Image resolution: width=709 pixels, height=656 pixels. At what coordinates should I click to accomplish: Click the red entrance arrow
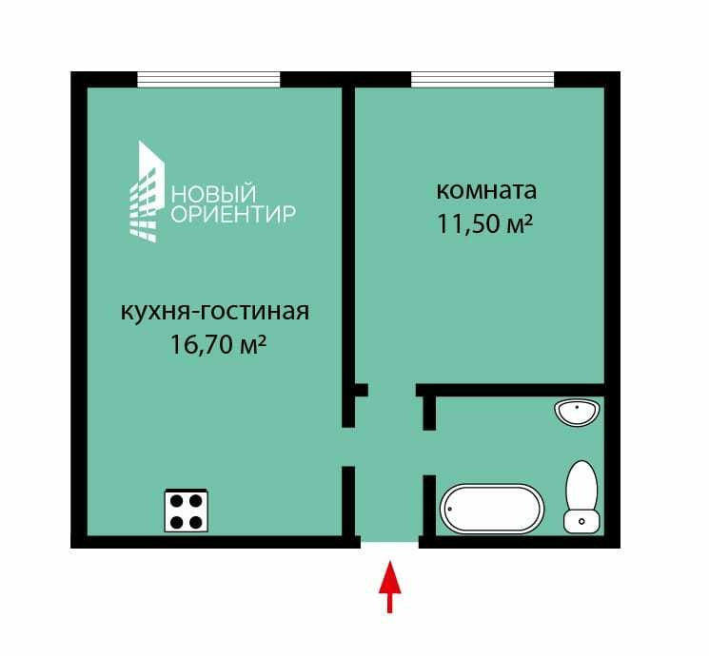[389, 587]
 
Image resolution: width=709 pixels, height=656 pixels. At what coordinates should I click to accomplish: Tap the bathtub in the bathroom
[492, 509]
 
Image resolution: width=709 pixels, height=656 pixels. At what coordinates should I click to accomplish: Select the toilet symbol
[581, 497]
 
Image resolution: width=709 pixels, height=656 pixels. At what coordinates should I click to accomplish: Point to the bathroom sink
[578, 412]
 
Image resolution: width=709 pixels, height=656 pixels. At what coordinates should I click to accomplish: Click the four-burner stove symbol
[187, 511]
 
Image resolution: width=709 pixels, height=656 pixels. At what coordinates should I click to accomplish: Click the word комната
[486, 191]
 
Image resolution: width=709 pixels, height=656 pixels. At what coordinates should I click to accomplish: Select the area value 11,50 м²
[484, 224]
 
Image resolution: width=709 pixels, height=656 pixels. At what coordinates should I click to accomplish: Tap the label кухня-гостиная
[215, 312]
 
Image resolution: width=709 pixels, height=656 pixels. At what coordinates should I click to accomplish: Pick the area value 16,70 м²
[218, 345]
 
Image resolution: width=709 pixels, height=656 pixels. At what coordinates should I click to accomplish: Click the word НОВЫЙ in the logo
[213, 194]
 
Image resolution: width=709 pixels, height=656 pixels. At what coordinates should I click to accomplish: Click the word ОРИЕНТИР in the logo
[233, 214]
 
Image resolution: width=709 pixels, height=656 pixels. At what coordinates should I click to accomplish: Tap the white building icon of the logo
[147, 191]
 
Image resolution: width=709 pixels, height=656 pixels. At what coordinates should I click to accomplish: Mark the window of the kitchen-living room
[208, 79]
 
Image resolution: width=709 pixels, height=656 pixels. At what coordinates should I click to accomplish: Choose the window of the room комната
[483, 79]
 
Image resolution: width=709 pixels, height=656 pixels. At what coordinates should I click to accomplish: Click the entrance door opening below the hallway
[389, 542]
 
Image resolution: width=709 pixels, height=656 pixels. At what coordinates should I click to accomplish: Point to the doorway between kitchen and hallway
[348, 447]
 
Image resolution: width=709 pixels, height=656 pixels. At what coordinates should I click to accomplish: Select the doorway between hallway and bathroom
[429, 453]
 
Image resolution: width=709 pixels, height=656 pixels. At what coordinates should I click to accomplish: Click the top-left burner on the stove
[176, 501]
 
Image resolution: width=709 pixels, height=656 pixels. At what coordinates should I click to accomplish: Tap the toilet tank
[581, 522]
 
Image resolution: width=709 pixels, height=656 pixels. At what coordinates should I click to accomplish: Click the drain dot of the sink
[578, 407]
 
